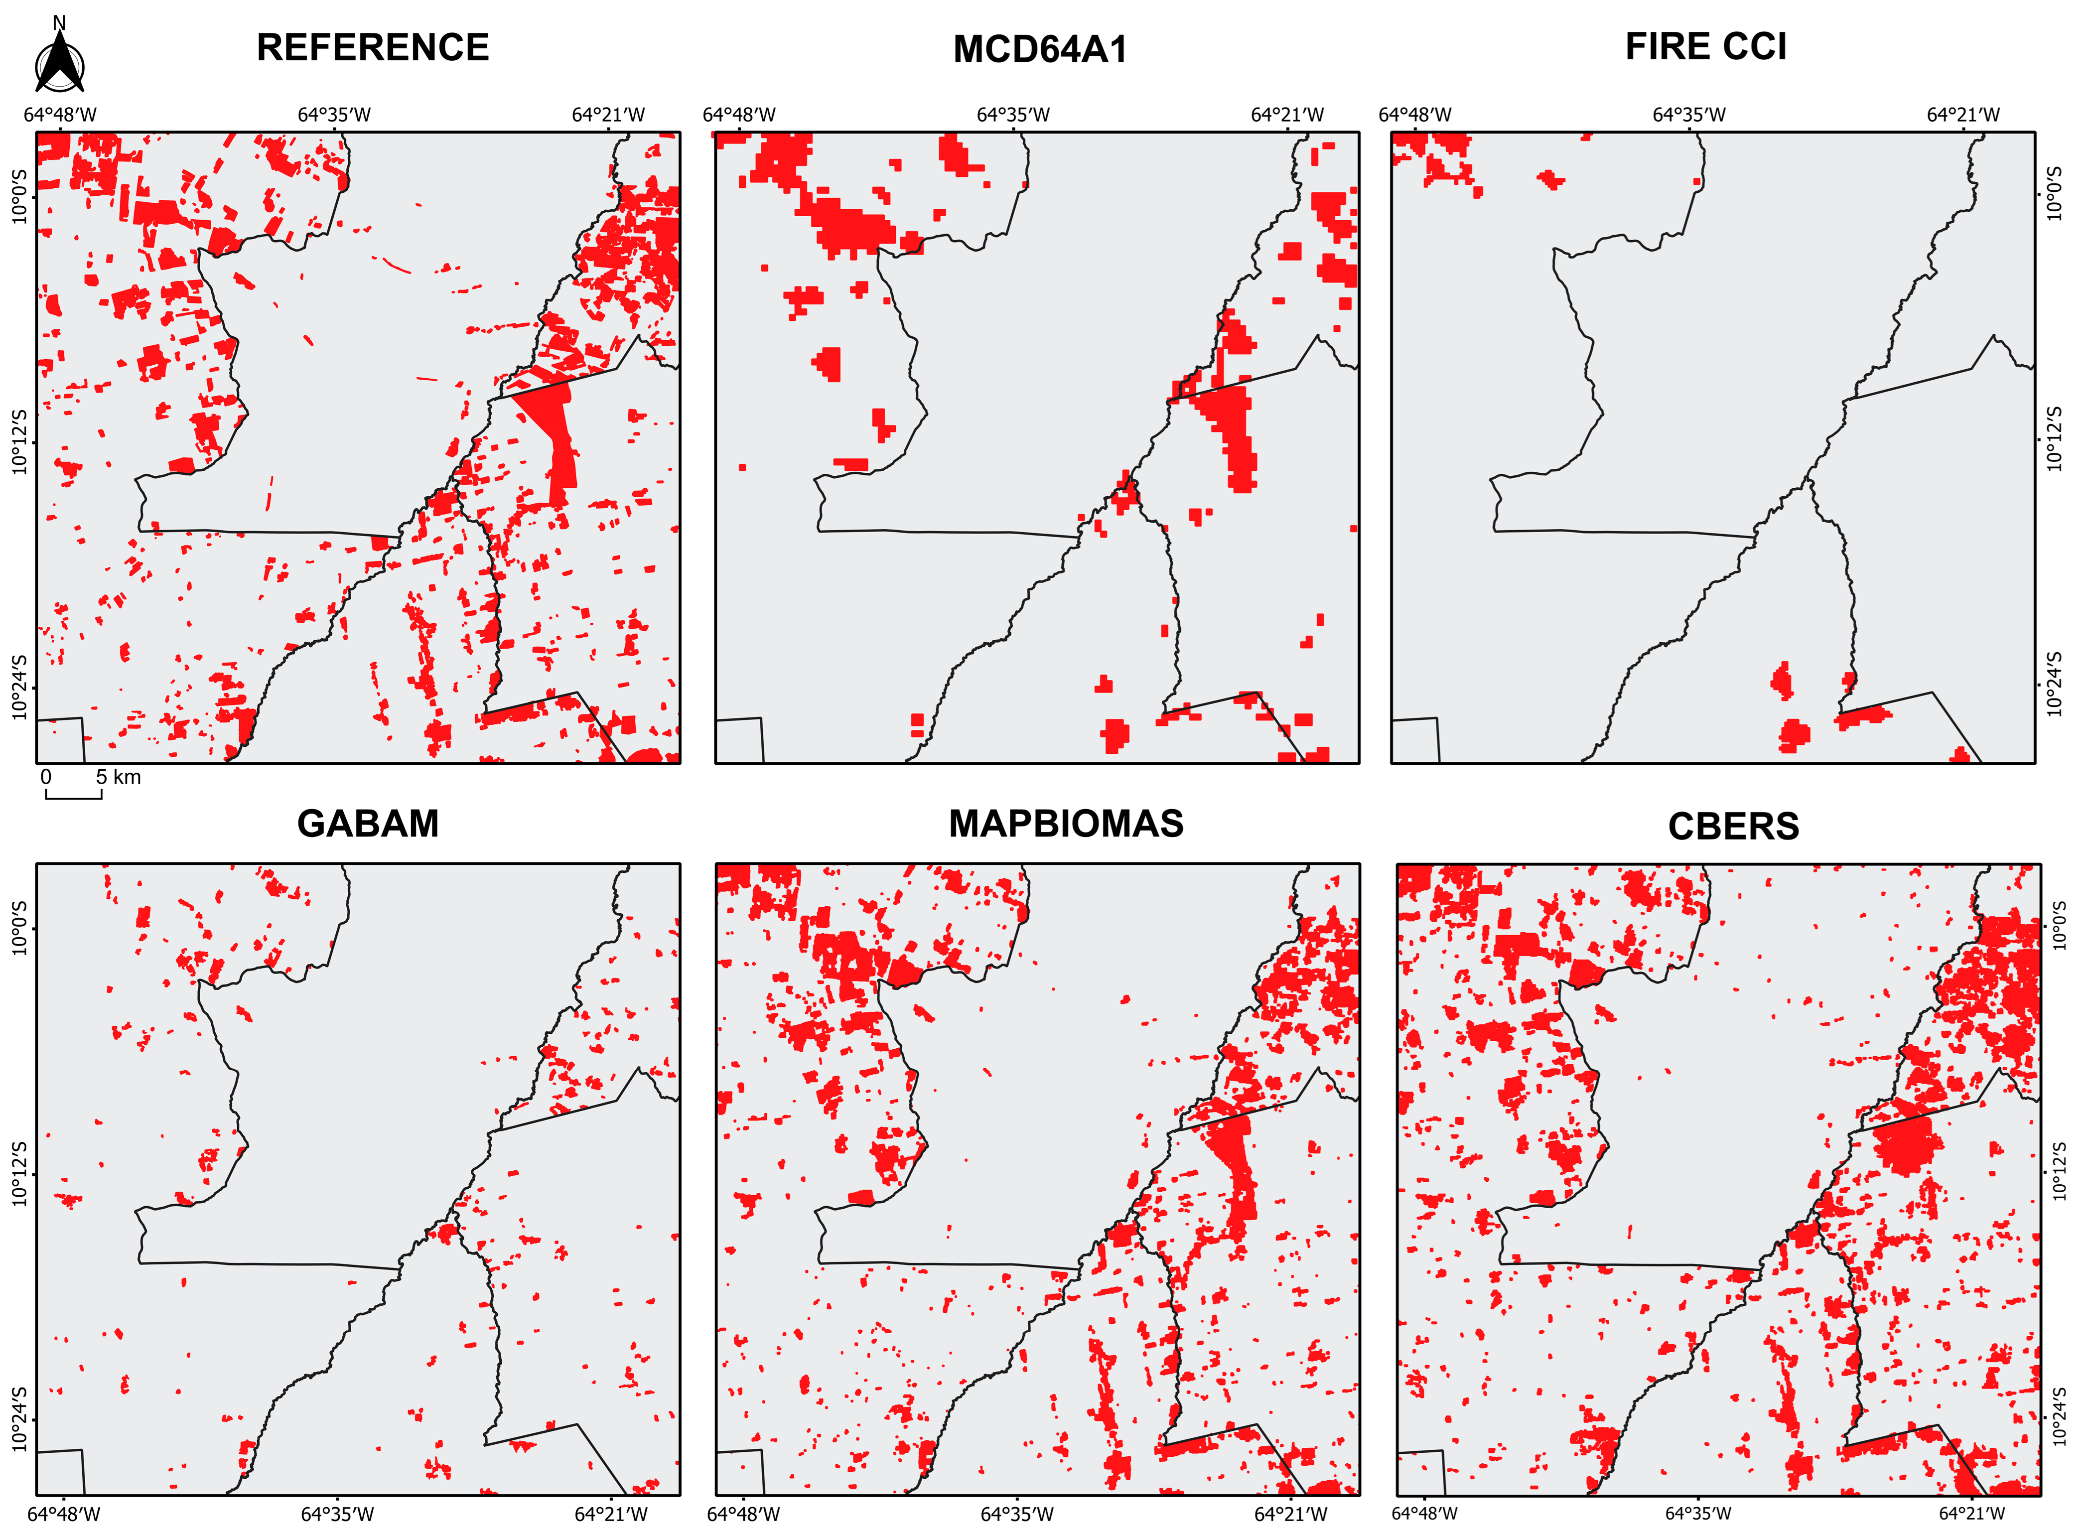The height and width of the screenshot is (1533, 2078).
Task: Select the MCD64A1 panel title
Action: [x=1040, y=49]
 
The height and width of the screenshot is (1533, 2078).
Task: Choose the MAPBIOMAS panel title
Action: [x=1066, y=824]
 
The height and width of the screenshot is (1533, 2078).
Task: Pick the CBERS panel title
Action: [x=1733, y=827]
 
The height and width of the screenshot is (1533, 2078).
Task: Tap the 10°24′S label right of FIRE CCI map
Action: [x=2054, y=685]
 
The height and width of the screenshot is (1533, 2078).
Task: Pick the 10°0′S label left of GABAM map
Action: [x=20, y=928]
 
